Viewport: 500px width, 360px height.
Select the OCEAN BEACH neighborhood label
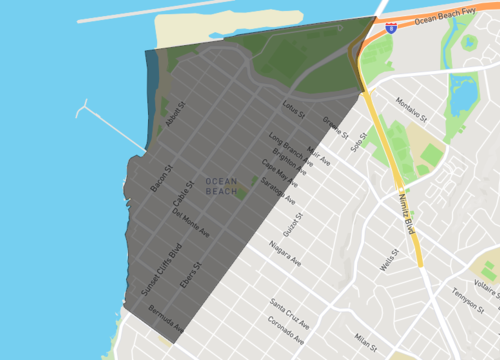pos(222,185)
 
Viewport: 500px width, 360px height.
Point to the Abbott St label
pos(176,117)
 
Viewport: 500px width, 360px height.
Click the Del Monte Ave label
pos(191,222)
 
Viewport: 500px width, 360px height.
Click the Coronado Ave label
pos(288,328)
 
